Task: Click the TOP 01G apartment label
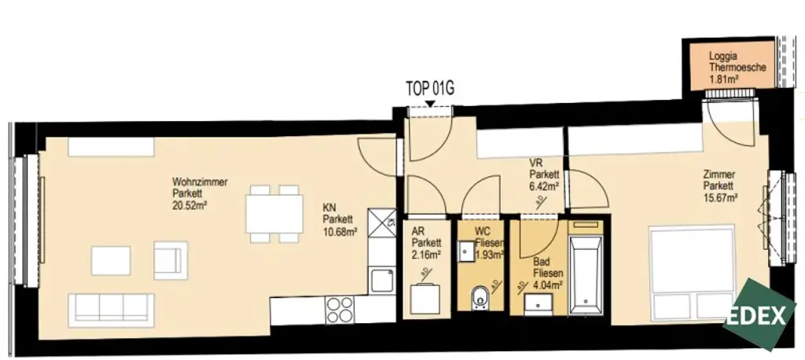click(430, 88)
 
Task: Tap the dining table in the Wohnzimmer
click(274, 213)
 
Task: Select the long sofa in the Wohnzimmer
click(110, 310)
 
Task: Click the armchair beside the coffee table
click(171, 259)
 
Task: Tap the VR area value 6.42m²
click(544, 187)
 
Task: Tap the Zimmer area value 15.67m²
click(720, 198)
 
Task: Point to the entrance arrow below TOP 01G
click(429, 103)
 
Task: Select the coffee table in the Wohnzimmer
click(111, 260)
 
